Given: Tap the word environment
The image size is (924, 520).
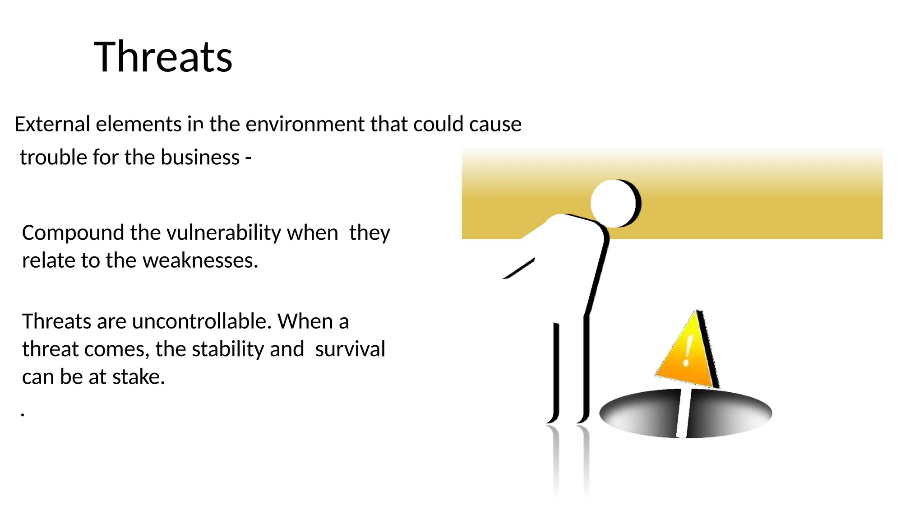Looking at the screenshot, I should (x=305, y=124).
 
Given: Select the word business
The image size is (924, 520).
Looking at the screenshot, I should (x=200, y=158).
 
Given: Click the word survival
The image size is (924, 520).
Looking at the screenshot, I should (x=350, y=349).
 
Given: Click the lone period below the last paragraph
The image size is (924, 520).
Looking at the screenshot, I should (x=23, y=414).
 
